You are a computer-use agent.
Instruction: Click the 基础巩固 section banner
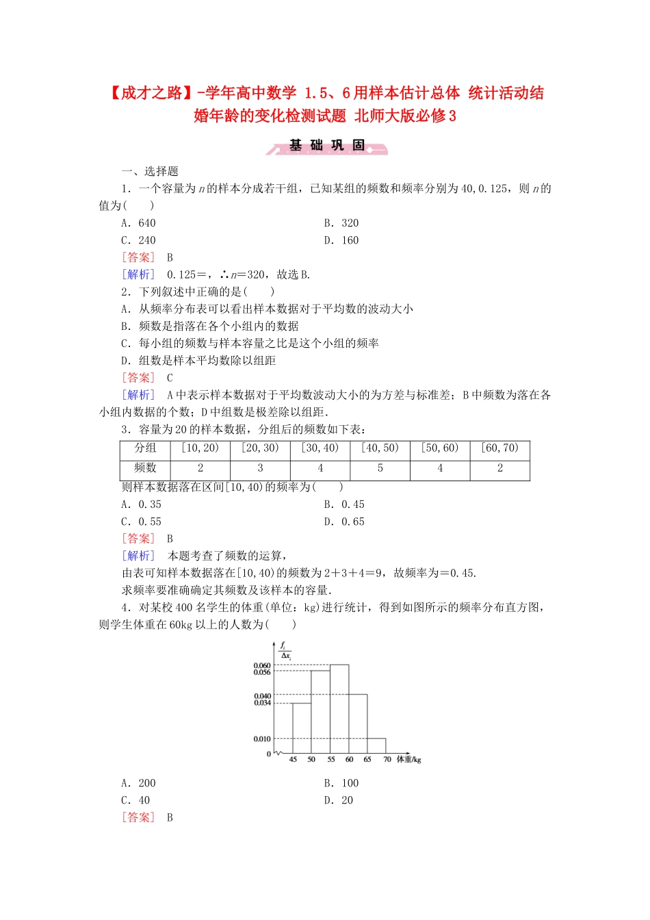pyautogui.click(x=327, y=146)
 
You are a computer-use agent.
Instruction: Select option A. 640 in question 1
pyautogui.click(x=138, y=223)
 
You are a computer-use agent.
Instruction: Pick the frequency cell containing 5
pyautogui.click(x=380, y=469)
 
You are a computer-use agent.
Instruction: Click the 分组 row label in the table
pyautogui.click(x=145, y=448)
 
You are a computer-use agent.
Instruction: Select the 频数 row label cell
pyautogui.click(x=145, y=468)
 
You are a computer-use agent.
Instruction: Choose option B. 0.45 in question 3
pyautogui.click(x=344, y=504)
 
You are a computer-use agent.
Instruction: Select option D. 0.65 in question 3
pyautogui.click(x=344, y=522)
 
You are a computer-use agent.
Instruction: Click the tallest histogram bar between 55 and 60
pyautogui.click(x=339, y=708)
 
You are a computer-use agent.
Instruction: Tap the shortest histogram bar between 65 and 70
pyautogui.click(x=376, y=746)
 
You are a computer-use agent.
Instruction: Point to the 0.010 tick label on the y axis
pyautogui.click(x=262, y=739)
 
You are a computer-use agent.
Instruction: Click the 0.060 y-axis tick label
pyautogui.click(x=262, y=665)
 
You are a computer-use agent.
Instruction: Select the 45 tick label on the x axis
pyautogui.click(x=293, y=760)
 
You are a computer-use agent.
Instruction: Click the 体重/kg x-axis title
pyautogui.click(x=409, y=760)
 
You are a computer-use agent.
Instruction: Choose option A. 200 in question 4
pyautogui.click(x=138, y=783)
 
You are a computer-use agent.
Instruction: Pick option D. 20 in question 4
pyautogui.click(x=339, y=800)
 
